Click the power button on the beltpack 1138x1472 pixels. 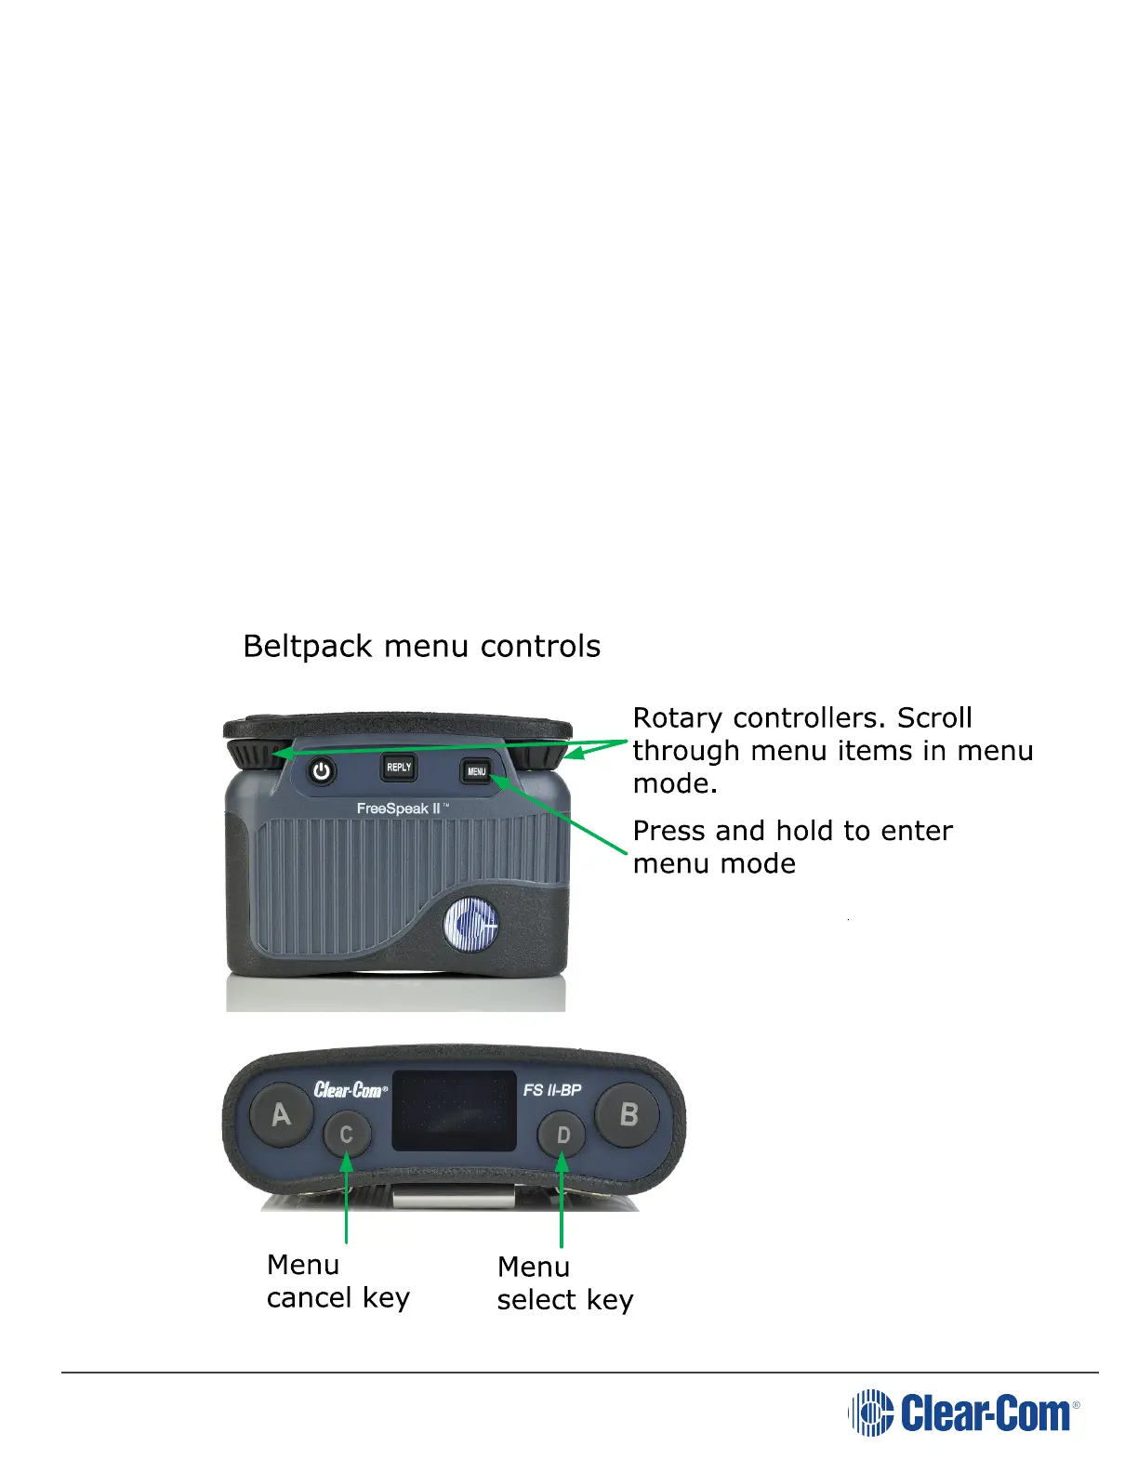point(322,771)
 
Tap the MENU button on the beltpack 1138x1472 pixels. point(476,771)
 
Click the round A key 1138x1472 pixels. point(281,1114)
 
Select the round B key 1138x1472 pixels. point(629,1114)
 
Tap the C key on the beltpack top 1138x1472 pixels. point(347,1134)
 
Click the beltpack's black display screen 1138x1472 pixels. point(454,1111)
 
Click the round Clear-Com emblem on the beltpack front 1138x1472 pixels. point(470,925)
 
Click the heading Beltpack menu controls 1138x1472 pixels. point(421,646)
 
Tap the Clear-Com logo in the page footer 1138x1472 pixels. point(964,1413)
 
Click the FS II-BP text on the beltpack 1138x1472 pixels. point(552,1089)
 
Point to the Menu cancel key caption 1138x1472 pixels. point(337,1281)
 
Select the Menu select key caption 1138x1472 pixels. point(564,1283)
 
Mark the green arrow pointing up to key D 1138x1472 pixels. point(562,1199)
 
